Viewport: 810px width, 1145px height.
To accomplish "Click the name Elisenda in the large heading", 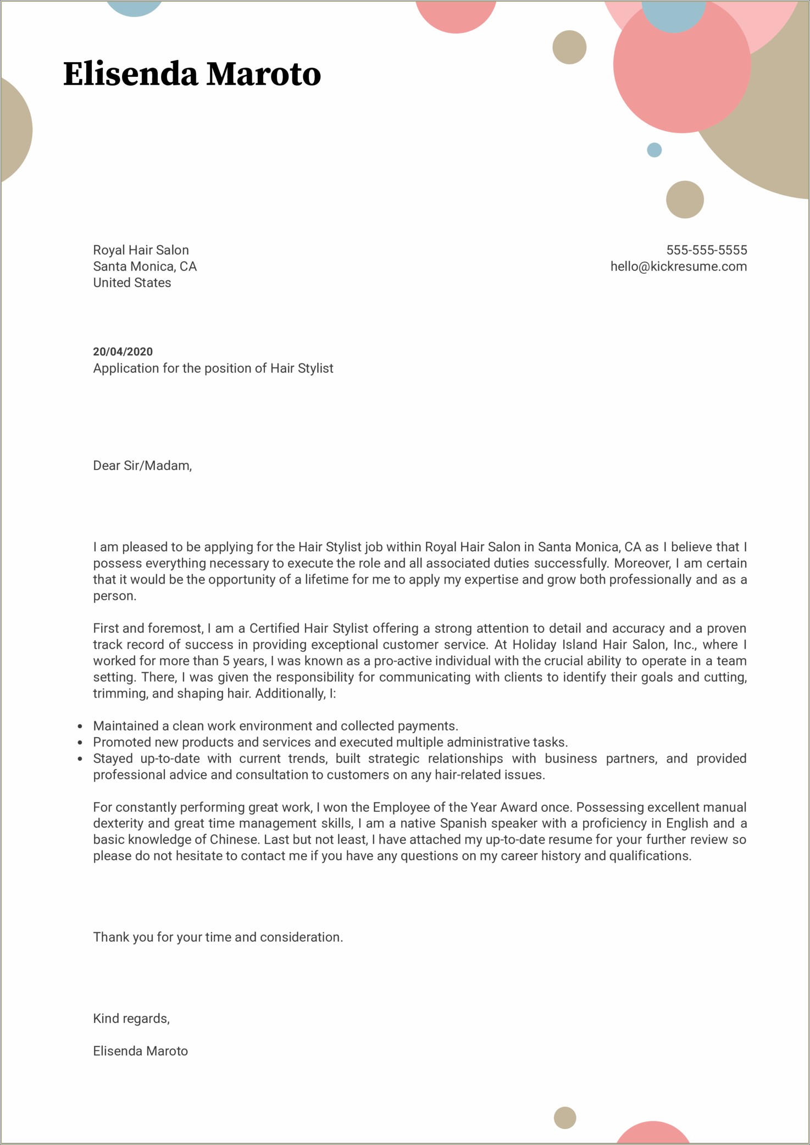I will (x=130, y=74).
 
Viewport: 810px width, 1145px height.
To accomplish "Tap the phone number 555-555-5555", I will (x=706, y=250).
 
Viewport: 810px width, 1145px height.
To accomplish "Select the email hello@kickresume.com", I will (x=678, y=267).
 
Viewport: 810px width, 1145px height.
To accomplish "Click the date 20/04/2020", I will (x=123, y=352).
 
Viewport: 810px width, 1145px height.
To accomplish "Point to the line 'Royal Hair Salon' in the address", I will (x=141, y=250).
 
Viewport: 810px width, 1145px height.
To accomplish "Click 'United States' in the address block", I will (x=132, y=283).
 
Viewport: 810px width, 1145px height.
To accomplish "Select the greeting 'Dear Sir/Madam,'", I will (x=142, y=466).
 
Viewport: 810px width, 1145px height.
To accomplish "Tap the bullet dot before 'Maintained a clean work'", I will (x=80, y=727).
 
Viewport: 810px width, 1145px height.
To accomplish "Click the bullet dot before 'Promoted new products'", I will (x=80, y=743).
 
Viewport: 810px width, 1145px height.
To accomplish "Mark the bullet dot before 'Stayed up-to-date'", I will (x=80, y=759).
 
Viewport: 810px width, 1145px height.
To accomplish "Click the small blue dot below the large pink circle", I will (x=654, y=150).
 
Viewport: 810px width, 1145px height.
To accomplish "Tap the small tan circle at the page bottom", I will (x=564, y=1118).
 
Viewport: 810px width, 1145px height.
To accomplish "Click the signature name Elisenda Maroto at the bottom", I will (x=140, y=1051).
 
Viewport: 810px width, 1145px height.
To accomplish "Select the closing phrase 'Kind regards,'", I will (x=131, y=1019).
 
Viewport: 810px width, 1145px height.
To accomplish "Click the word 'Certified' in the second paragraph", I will (x=274, y=628).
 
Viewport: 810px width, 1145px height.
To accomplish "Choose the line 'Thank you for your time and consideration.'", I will (x=218, y=937).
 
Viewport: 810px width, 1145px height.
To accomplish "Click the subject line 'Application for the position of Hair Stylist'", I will (x=213, y=368).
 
